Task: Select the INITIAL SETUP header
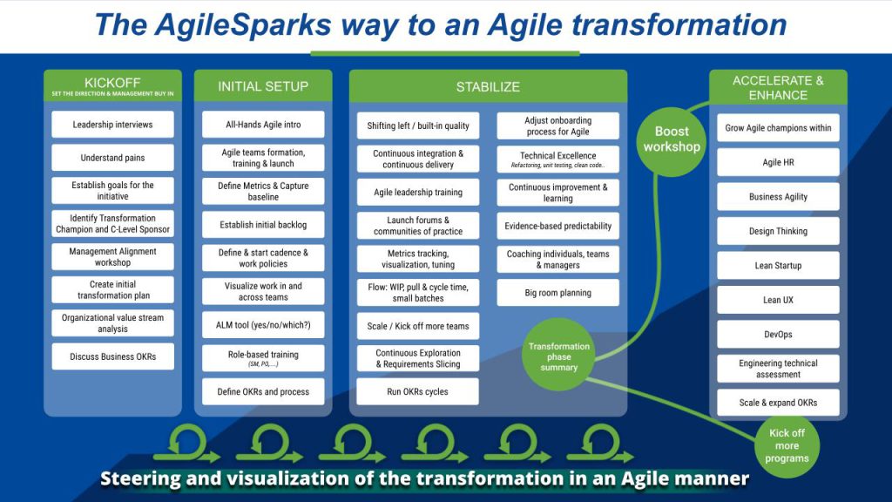pos(263,86)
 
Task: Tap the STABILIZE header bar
pos(488,86)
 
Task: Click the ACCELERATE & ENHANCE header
pos(778,87)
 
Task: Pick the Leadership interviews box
pos(112,125)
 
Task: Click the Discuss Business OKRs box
pos(112,356)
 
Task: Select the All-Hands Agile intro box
pos(263,125)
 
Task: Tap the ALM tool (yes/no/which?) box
pos(263,325)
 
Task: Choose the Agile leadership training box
pos(418,193)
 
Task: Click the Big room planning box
pos(557,293)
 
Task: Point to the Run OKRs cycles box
pos(418,391)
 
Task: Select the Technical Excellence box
pos(557,159)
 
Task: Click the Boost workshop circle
pos(671,139)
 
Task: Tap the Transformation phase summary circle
pos(558,356)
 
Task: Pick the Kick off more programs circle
pos(787,446)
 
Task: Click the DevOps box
pos(778,334)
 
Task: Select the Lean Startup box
pos(778,266)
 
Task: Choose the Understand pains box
pos(112,158)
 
